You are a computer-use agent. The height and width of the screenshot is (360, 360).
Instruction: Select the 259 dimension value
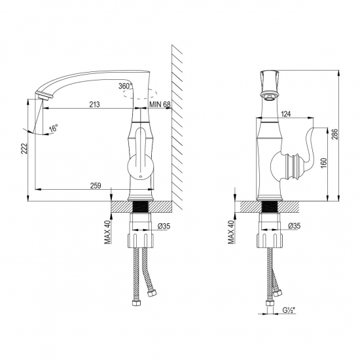96,186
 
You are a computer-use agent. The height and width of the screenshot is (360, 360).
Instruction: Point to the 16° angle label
53,129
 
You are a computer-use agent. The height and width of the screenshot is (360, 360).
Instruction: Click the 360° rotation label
125,86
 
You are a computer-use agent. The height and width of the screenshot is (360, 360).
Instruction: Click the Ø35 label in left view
164,226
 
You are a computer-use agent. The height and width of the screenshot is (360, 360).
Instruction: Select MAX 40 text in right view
230,230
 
